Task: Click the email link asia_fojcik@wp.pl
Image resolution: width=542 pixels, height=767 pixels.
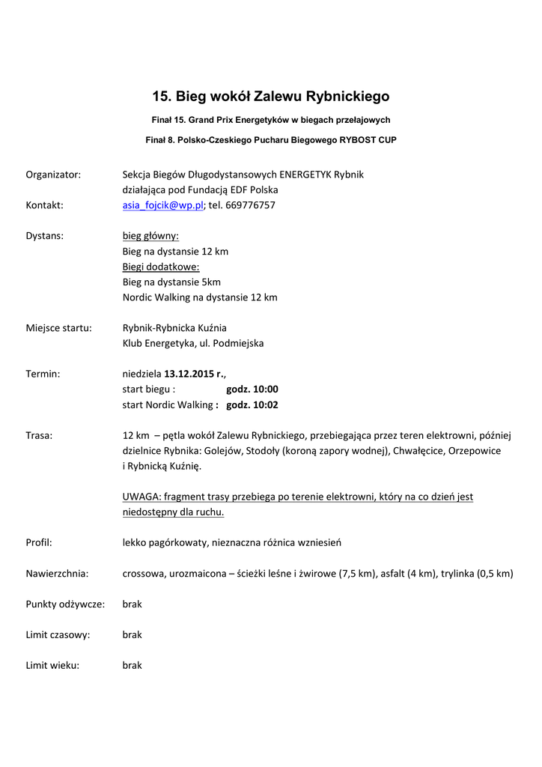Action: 162,205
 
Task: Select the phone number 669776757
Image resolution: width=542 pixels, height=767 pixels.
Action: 250,205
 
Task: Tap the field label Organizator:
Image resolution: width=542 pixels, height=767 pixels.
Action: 53,175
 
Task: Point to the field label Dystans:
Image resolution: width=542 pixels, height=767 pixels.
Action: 45,236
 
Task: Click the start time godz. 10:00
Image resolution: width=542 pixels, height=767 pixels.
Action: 252,389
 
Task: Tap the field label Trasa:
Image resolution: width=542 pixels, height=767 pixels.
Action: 39,436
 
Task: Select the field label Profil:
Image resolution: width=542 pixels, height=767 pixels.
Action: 39,542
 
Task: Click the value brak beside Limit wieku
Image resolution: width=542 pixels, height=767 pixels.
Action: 132,665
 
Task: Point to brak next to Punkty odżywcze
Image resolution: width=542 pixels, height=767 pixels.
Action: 132,604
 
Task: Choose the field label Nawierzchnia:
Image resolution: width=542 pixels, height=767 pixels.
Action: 57,574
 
